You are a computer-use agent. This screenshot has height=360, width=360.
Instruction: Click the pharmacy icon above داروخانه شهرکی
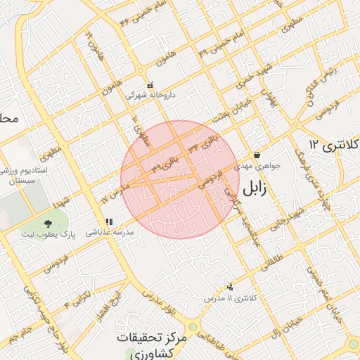(150, 84)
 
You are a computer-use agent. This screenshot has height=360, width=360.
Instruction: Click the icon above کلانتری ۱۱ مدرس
(230, 287)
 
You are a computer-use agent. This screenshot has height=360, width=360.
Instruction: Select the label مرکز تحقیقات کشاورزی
(153, 345)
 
